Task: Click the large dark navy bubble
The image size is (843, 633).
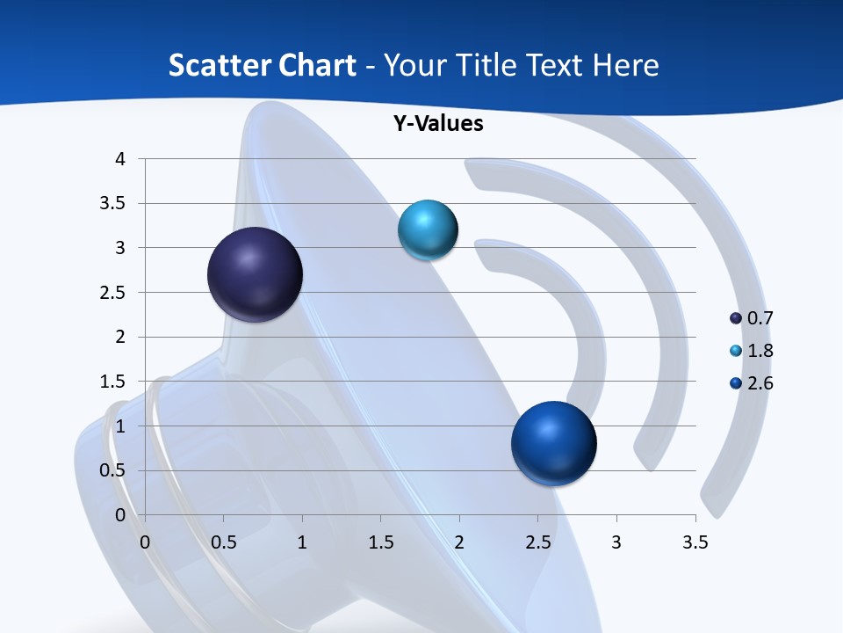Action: [255, 274]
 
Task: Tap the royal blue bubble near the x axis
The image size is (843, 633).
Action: [553, 443]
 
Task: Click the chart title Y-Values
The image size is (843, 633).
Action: [437, 124]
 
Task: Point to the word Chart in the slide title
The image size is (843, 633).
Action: [317, 65]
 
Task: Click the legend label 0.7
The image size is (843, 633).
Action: [760, 318]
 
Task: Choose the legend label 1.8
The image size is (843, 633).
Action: [760, 351]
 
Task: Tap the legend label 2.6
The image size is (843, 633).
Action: [760, 383]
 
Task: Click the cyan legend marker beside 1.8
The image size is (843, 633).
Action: [736, 351]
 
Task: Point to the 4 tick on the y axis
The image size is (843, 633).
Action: [120, 159]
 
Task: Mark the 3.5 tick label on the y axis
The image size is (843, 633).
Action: [112, 204]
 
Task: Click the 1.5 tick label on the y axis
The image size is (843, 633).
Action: [112, 382]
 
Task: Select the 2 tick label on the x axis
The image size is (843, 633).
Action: [459, 542]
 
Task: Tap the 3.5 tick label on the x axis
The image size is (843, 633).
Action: [695, 542]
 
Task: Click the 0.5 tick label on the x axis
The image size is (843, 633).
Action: [223, 542]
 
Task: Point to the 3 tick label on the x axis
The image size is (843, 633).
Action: [616, 542]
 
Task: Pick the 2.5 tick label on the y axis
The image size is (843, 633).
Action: [112, 293]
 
